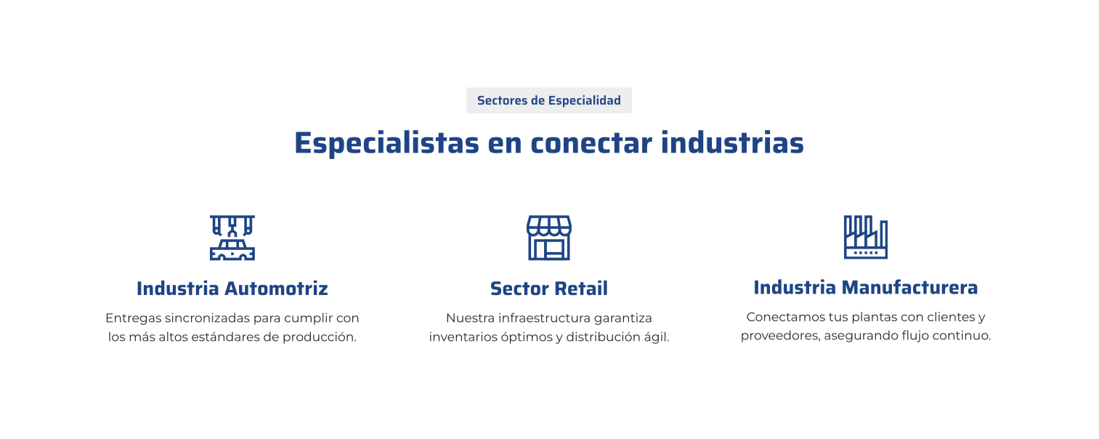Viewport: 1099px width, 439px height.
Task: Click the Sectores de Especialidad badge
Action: tap(549, 100)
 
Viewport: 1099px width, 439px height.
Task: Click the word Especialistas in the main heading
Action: tap(387, 143)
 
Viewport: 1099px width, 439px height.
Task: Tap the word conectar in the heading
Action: tap(592, 143)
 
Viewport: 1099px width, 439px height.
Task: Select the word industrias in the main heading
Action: tap(732, 143)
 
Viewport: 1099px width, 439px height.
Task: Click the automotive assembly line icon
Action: tap(232, 238)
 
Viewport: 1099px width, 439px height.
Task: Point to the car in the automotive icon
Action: tap(232, 250)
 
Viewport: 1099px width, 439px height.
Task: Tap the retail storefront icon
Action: tap(549, 238)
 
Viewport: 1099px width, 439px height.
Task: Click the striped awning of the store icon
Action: tap(549, 225)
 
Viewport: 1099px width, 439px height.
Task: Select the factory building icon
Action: tap(866, 237)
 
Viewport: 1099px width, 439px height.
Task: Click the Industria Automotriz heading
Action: tap(232, 289)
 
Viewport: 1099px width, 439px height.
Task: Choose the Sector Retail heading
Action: tap(549, 289)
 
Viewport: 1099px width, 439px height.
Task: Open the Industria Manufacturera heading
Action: tap(866, 287)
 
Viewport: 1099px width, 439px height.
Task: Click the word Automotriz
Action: tap(276, 289)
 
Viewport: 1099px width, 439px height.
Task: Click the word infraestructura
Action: tap(544, 318)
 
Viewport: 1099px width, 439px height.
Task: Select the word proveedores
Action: tap(780, 337)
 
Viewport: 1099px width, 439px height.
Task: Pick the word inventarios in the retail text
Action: tap(463, 337)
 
